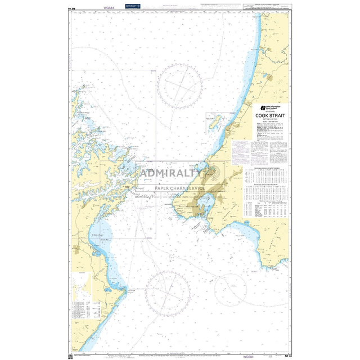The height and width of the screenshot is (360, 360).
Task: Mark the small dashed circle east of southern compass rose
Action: (x=230, y=288)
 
